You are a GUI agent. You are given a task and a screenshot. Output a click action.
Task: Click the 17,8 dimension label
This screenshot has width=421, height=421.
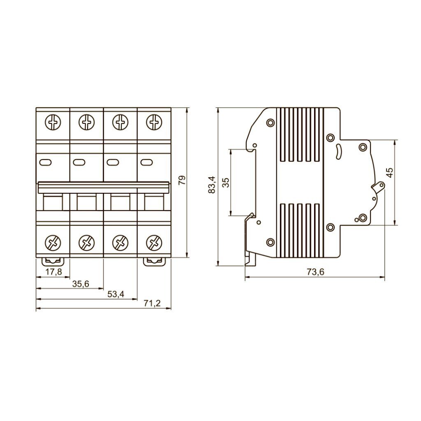pyautogui.click(x=54, y=272)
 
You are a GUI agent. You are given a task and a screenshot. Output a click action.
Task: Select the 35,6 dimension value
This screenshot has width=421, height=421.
pyautogui.click(x=81, y=284)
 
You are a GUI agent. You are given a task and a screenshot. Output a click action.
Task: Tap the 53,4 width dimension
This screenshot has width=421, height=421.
pyautogui.click(x=116, y=294)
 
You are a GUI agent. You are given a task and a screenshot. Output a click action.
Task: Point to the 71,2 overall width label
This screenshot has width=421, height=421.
pyautogui.click(x=152, y=303)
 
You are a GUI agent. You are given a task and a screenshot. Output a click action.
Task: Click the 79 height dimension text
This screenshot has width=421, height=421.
pyautogui.click(x=182, y=180)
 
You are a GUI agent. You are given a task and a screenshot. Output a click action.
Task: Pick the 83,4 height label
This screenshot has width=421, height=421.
pyautogui.click(x=212, y=185)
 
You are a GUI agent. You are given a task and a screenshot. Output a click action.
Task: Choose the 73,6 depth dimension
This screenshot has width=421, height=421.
pyautogui.click(x=315, y=272)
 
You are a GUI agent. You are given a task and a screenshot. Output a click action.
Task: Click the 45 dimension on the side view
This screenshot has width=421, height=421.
pyautogui.click(x=390, y=172)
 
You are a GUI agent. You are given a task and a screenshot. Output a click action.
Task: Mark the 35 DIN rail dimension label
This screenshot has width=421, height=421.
pyautogui.click(x=226, y=183)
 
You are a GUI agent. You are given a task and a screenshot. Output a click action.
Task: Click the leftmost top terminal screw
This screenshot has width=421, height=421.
pyautogui.click(x=53, y=123)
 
